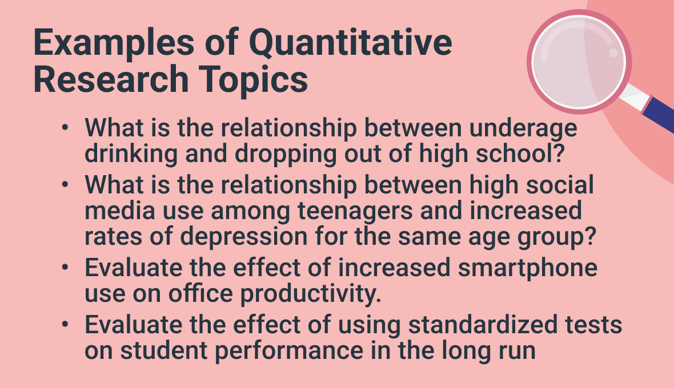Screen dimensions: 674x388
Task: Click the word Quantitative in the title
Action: [350, 43]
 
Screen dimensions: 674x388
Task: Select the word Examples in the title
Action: [114, 43]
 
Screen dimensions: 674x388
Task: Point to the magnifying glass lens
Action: [579, 62]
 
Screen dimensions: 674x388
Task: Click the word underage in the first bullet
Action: [523, 128]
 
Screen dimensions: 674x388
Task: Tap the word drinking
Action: [131, 154]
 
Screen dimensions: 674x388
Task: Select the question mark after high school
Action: [559, 153]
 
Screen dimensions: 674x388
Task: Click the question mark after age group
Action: [591, 236]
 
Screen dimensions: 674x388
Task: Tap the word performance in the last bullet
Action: [289, 351]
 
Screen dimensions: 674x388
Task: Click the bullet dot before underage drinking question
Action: [65, 128]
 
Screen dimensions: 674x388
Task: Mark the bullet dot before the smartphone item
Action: [65, 268]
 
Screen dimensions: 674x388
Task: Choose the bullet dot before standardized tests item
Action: [65, 325]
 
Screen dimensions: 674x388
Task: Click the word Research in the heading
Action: [111, 79]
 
